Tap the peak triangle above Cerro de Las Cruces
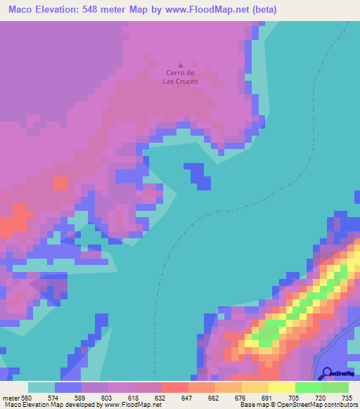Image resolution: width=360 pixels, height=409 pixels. pos(180,65)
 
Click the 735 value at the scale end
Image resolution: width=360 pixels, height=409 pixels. pos(346,398)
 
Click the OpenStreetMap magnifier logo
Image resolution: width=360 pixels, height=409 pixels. pos(326,373)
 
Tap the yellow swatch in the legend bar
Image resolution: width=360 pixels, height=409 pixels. pos(282,387)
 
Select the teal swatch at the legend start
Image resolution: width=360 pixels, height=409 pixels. pos(41,387)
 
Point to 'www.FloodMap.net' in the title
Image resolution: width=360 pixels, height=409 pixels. pos(210,10)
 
